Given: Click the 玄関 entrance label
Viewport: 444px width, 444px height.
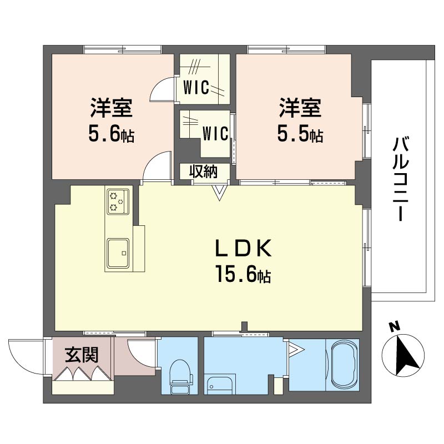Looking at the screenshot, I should coord(82,355).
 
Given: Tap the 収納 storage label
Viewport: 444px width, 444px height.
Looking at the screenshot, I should coord(203,172).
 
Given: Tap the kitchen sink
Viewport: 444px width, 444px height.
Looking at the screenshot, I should coord(118,253).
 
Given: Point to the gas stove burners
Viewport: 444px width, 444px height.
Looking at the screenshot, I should coord(118,201).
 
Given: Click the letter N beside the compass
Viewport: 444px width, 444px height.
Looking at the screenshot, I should coord(392,327).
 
